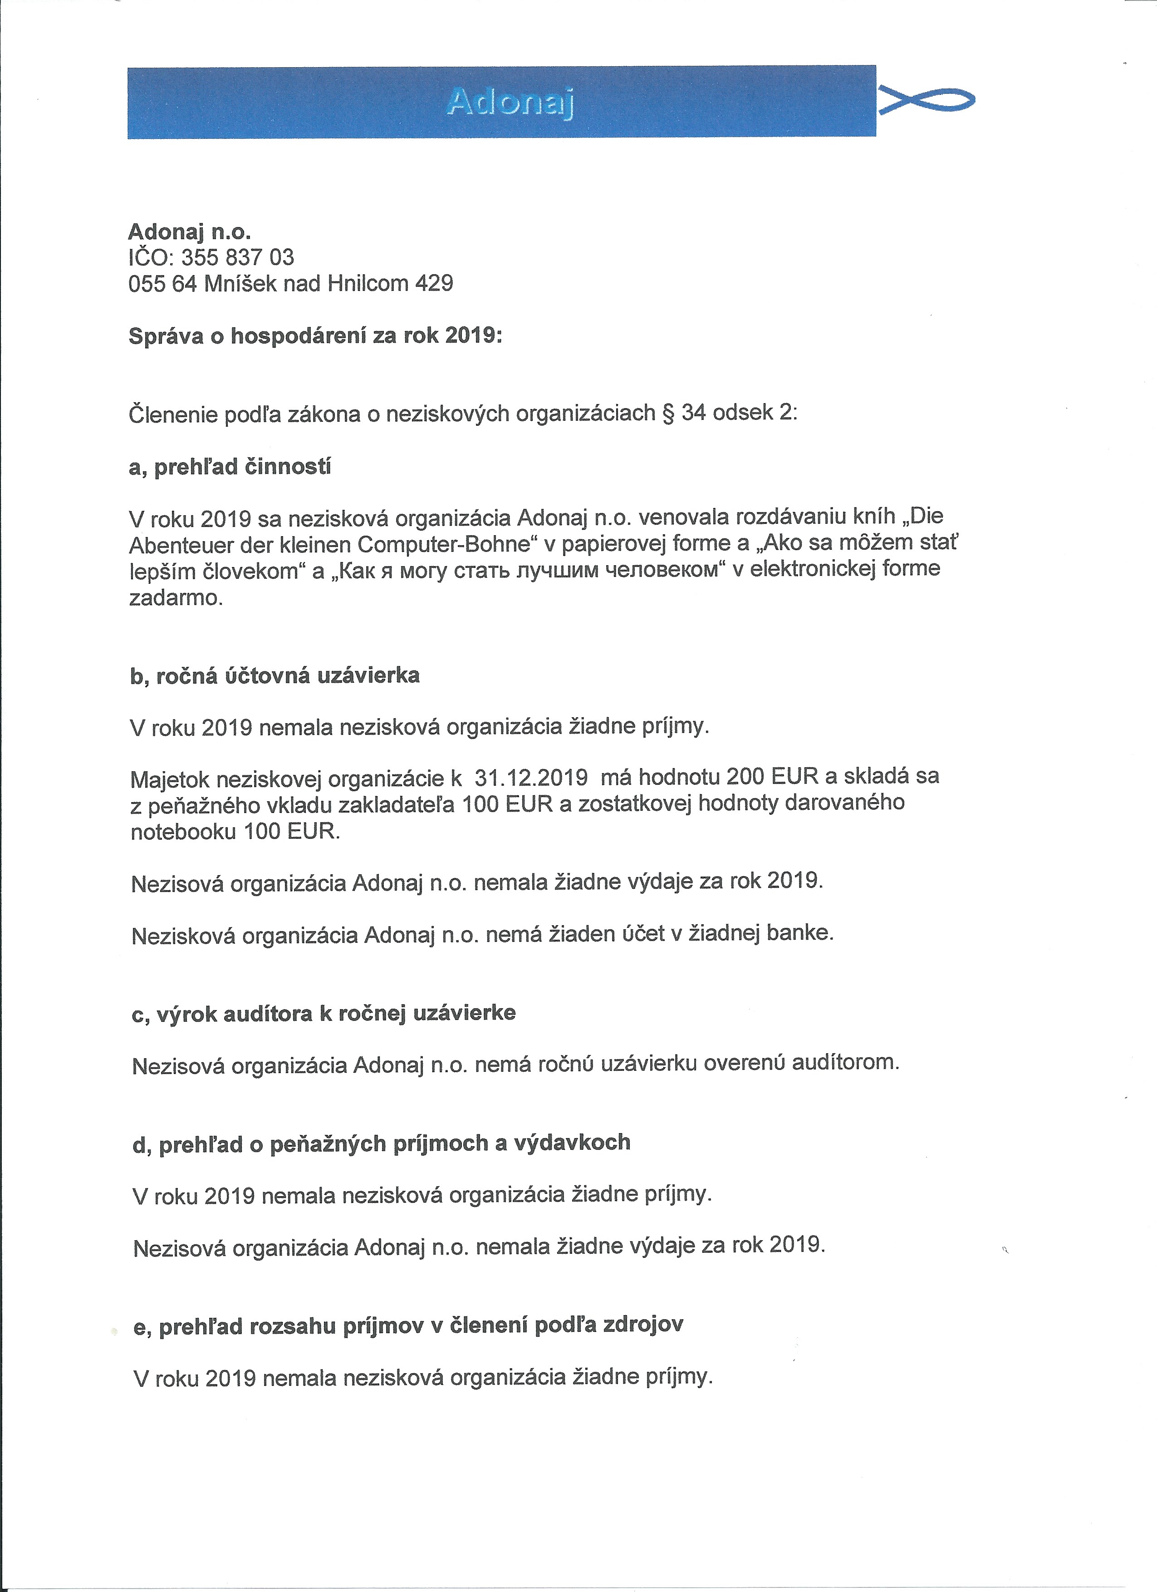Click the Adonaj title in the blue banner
tap(510, 103)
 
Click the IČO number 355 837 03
tap(237, 257)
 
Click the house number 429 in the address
tap(434, 284)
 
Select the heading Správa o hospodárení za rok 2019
tap(315, 336)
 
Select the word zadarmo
tap(176, 598)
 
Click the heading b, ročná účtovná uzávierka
tap(275, 676)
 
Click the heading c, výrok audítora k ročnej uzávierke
tap(324, 1014)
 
